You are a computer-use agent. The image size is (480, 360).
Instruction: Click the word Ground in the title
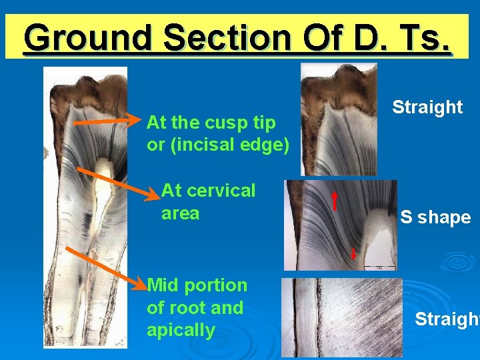pyautogui.click(x=89, y=38)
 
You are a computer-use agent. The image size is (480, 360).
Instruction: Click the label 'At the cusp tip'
pyautogui.click(x=211, y=123)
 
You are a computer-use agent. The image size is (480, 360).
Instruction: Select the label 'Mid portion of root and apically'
pyautogui.click(x=197, y=307)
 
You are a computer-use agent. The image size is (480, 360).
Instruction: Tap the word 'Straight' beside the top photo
pyautogui.click(x=427, y=107)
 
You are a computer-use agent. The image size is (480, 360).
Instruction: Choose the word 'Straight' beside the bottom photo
pyautogui.click(x=445, y=319)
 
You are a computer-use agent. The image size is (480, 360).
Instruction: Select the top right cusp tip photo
pyautogui.click(x=339, y=119)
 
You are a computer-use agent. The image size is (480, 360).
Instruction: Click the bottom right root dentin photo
pyautogui.click(x=341, y=317)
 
